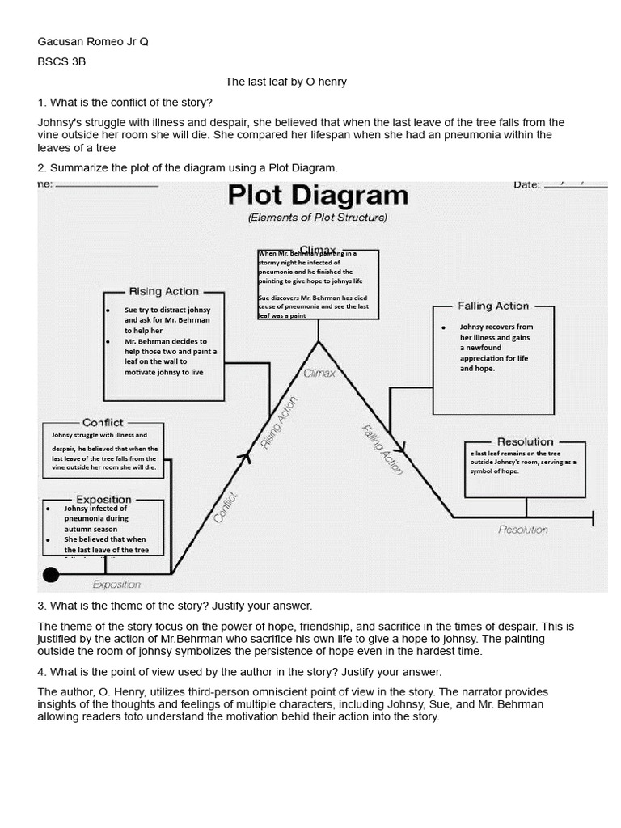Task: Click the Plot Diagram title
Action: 317,196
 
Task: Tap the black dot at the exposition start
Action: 51,575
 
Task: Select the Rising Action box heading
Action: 163,291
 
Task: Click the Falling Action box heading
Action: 493,306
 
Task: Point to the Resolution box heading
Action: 525,441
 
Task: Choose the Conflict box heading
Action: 103,422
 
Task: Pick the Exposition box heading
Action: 103,500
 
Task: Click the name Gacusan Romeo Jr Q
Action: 93,41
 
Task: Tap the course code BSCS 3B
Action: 61,61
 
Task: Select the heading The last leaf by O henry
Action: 285,82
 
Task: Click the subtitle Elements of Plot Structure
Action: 317,218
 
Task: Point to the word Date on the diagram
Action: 526,185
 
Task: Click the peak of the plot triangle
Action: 319,342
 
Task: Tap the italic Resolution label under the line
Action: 523,530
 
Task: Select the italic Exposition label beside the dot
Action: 116,584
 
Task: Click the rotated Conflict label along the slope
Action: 226,507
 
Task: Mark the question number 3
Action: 41,606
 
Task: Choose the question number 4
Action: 41,672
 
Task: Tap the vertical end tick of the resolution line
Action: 594,517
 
